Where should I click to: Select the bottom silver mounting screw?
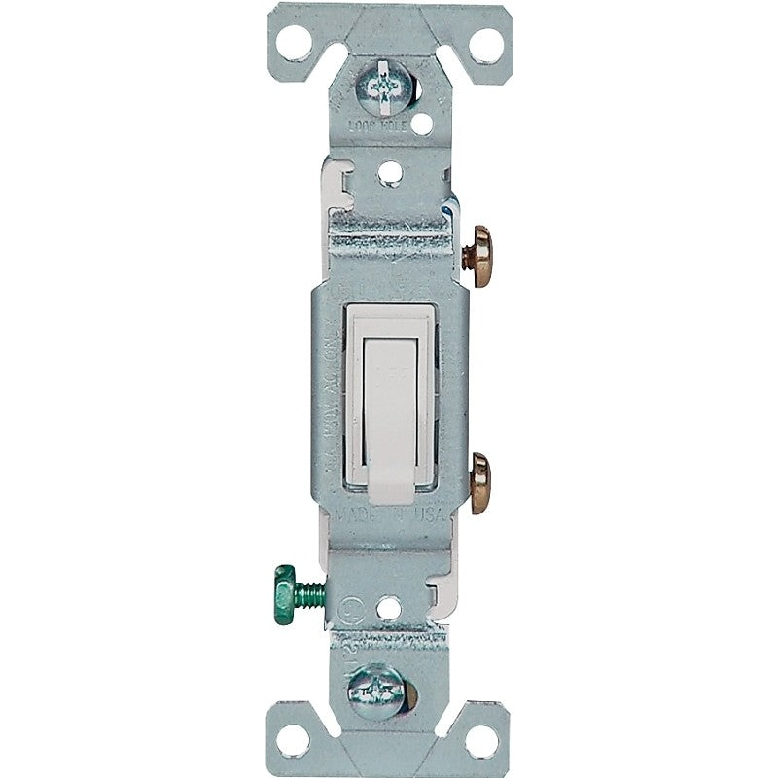(386, 685)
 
